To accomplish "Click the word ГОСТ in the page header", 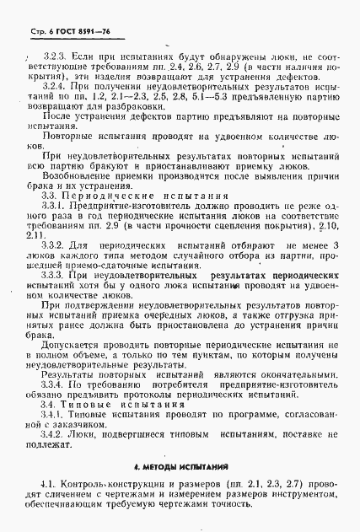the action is click(56, 10).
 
